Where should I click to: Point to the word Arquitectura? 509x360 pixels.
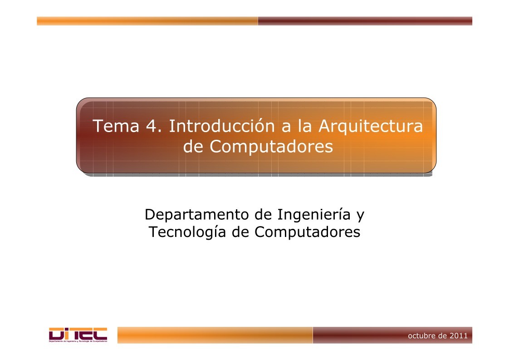click(370, 127)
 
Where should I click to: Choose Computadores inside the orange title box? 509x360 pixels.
click(272, 147)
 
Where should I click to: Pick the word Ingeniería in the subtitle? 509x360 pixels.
click(313, 214)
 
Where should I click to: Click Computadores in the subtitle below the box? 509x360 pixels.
click(307, 232)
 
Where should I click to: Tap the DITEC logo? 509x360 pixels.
click(78, 333)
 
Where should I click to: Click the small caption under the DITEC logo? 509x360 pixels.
click(78, 341)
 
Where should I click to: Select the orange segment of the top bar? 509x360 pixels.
click(147, 21)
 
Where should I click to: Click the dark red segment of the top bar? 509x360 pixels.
click(365, 21)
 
